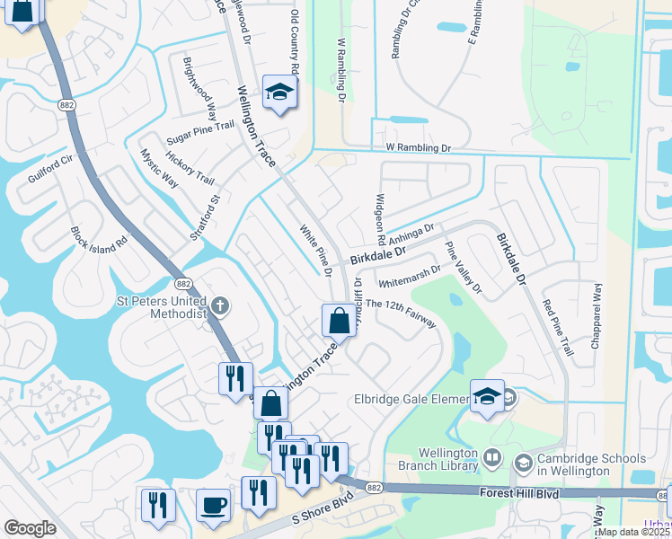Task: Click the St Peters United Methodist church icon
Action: pyautogui.click(x=220, y=306)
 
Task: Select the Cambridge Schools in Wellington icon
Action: pyautogui.click(x=523, y=463)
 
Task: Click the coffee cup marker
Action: pyautogui.click(x=213, y=505)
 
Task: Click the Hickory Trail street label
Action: pyautogui.click(x=190, y=167)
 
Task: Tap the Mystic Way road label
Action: pyautogui.click(x=159, y=169)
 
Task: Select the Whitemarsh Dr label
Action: pyautogui.click(x=410, y=274)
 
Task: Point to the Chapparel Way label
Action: pyautogui.click(x=597, y=312)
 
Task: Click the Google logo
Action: pyautogui.click(x=30, y=528)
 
